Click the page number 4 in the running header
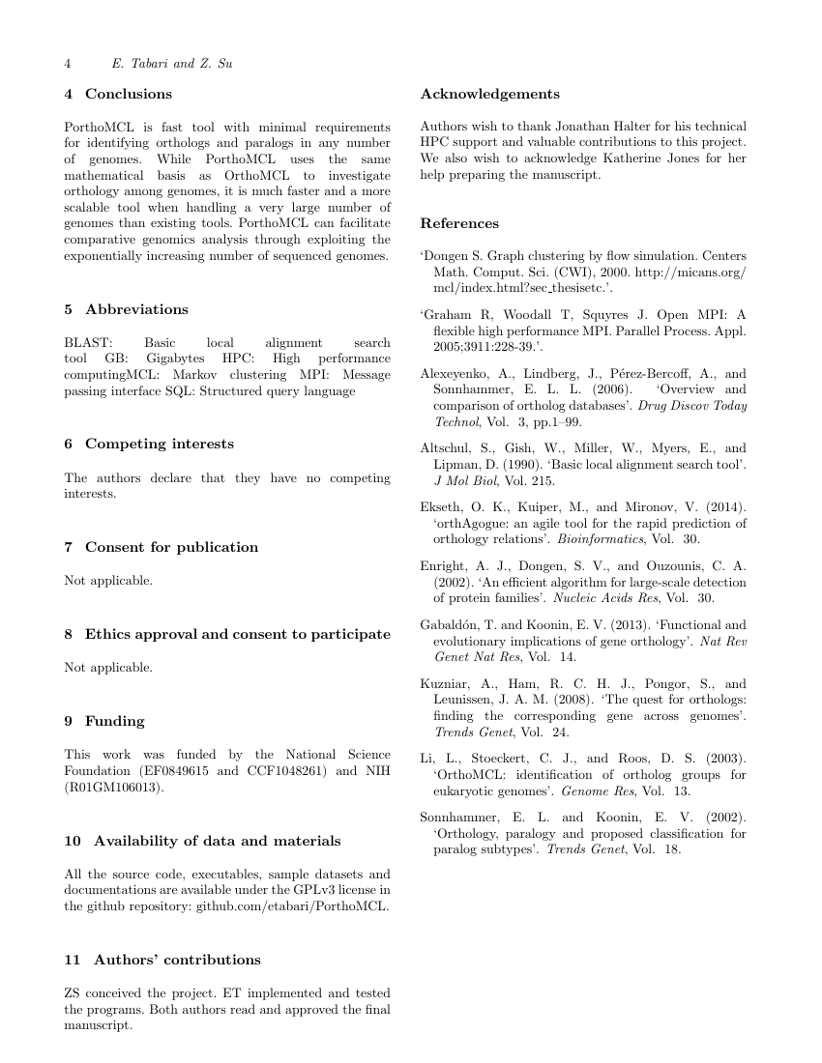click(68, 64)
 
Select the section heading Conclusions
click(129, 94)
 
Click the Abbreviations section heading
click(136, 309)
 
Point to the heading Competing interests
click(159, 444)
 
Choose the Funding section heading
click(115, 721)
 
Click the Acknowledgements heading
click(489, 94)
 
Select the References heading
click(459, 223)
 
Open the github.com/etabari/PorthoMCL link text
click(293, 905)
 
